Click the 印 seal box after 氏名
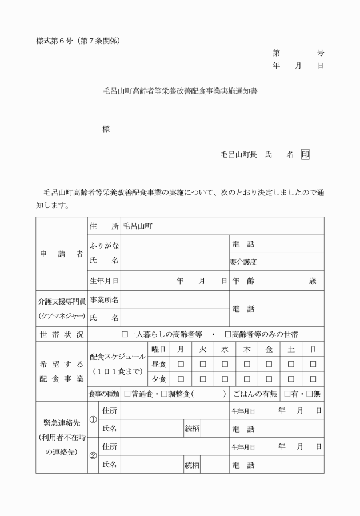[x=305, y=154]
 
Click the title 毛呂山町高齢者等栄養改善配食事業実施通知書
[x=179, y=90]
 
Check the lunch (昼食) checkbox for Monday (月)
[x=181, y=364]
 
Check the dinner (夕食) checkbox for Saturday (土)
[x=291, y=378]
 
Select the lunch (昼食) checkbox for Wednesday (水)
[x=225, y=364]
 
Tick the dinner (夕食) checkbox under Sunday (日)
[x=313, y=378]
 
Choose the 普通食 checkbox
[x=127, y=394]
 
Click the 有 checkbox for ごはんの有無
[x=287, y=394]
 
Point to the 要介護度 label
[x=243, y=262]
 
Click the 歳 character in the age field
[x=312, y=281]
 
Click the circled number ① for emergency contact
[x=93, y=419]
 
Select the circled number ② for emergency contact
[x=93, y=455]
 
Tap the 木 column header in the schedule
[x=247, y=349]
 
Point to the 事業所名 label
[x=104, y=299]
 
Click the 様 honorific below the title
[x=106, y=129]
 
